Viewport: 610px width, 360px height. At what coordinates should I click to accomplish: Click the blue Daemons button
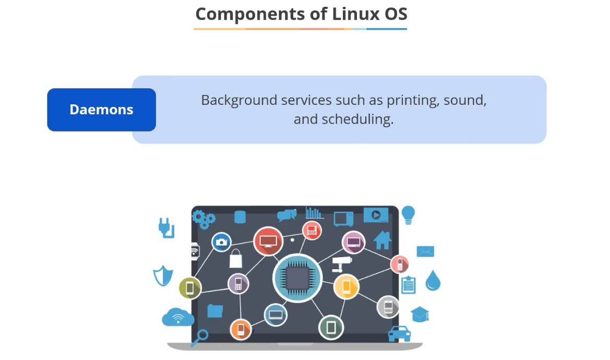(101, 110)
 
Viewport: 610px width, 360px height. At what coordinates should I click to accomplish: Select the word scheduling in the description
(357, 119)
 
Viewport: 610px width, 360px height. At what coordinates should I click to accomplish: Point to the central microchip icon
(297, 278)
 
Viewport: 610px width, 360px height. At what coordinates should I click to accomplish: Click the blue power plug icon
(166, 227)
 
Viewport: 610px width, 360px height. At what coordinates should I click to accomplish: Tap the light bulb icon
(408, 214)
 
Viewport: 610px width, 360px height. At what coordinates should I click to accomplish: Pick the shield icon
(163, 275)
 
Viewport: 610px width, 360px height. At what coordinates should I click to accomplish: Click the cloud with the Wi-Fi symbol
(178, 317)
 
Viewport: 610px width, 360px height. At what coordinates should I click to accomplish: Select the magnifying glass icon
(199, 337)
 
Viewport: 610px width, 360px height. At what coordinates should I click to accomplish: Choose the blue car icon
(399, 333)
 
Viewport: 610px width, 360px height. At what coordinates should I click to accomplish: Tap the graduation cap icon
(420, 314)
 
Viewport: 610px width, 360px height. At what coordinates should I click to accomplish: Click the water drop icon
(433, 280)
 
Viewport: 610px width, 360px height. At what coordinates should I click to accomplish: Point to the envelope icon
(425, 251)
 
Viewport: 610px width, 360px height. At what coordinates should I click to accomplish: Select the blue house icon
(382, 240)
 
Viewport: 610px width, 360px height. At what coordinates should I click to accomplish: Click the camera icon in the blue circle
(221, 242)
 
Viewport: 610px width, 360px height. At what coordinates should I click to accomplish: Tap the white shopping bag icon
(236, 258)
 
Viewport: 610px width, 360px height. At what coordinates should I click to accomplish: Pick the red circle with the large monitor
(268, 242)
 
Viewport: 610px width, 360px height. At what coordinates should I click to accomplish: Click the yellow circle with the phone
(346, 286)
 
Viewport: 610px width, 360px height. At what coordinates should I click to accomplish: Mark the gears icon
(204, 219)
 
